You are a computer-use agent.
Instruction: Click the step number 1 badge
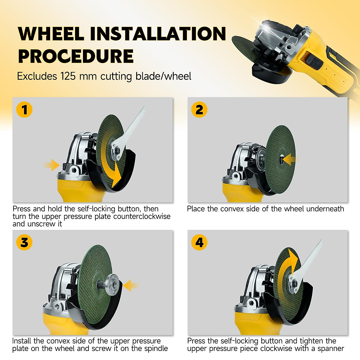click(24, 109)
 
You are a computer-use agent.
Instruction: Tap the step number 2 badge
click(199, 109)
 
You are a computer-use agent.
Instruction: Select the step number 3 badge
click(24, 242)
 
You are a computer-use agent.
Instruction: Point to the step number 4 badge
click(199, 242)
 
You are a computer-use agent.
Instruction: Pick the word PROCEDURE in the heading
click(76, 56)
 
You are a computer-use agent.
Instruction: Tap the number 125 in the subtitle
click(68, 76)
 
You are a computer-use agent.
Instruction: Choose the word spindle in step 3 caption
click(156, 348)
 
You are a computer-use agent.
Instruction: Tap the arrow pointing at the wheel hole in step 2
click(290, 159)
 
